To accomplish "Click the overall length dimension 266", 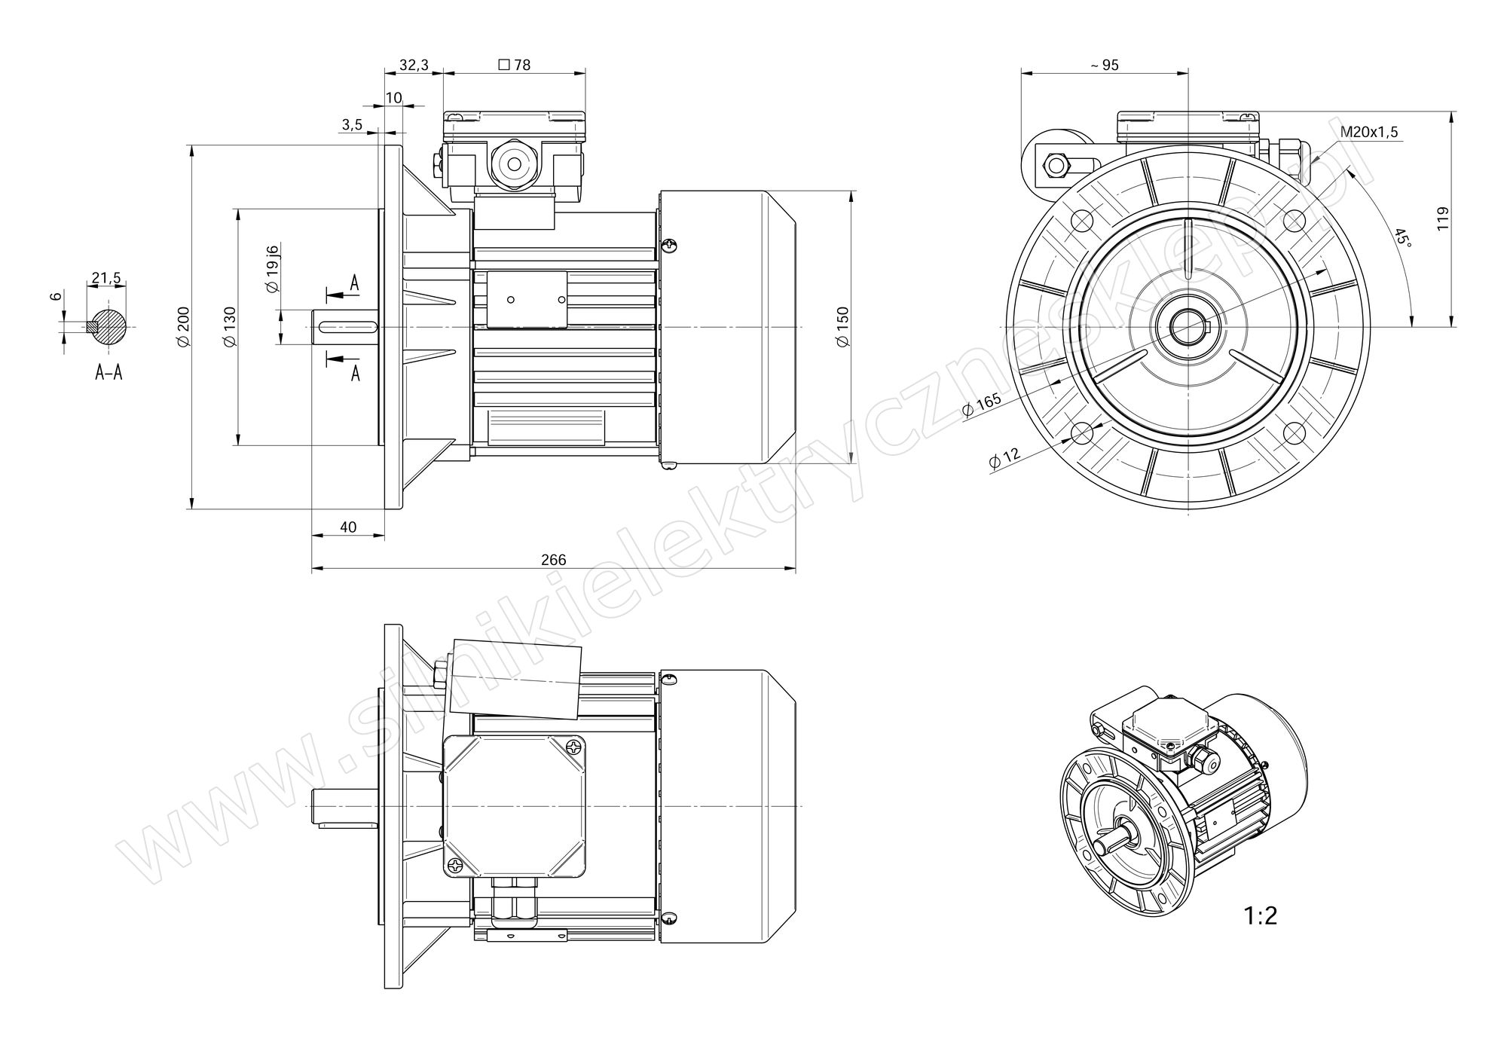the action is pyautogui.click(x=553, y=560).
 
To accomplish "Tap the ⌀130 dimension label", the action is pyautogui.click(x=230, y=327).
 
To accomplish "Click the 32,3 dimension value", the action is pyautogui.click(x=414, y=66).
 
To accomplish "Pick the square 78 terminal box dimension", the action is pyautogui.click(x=515, y=66).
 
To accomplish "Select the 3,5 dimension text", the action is pyautogui.click(x=352, y=125).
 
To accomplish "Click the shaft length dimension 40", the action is pyautogui.click(x=348, y=527).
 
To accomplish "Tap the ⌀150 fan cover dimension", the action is pyautogui.click(x=843, y=327).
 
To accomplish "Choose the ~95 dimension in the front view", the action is pyautogui.click(x=1104, y=66).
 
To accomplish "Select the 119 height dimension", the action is pyautogui.click(x=1443, y=218).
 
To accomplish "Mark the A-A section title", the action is pyautogui.click(x=109, y=372).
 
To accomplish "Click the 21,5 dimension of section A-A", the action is pyautogui.click(x=105, y=279).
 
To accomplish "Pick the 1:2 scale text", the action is pyautogui.click(x=1261, y=916).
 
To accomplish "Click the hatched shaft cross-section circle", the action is pyautogui.click(x=109, y=327).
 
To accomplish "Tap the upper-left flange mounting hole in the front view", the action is pyautogui.click(x=1081, y=221).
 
